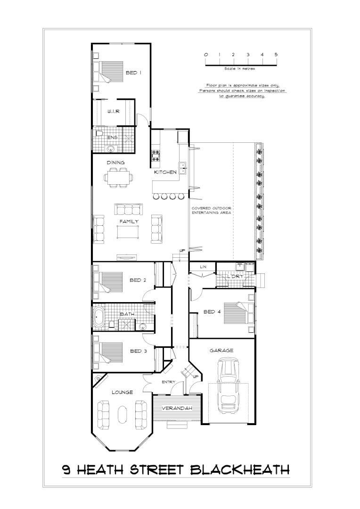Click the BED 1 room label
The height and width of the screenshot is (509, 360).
[133, 73]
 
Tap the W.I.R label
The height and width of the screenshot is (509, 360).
[113, 112]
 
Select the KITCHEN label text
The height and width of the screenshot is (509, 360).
[165, 172]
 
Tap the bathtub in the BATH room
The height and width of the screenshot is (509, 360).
[99, 318]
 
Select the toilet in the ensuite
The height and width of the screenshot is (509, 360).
[99, 134]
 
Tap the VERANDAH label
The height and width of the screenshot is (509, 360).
[177, 408]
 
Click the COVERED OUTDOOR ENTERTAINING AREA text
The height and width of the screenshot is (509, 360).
[211, 211]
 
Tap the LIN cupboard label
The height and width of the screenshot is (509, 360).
[203, 267]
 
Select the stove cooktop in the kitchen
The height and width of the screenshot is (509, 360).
[155, 153]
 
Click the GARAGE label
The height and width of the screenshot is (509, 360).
[221, 351]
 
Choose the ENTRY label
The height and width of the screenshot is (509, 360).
[168, 382]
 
